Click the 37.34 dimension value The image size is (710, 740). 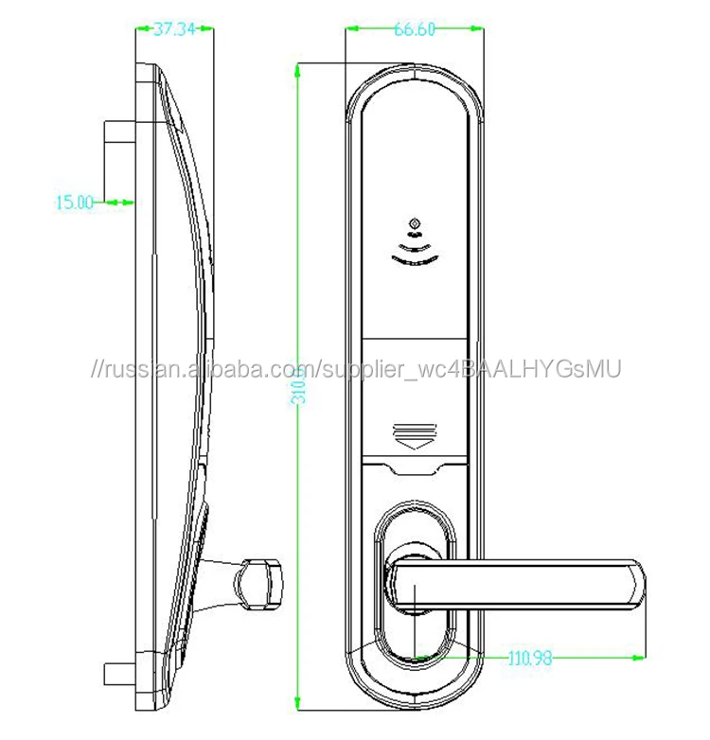point(174,30)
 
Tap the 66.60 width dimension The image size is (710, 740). point(414,29)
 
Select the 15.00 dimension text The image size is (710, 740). point(75,201)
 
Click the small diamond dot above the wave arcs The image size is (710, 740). point(414,223)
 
